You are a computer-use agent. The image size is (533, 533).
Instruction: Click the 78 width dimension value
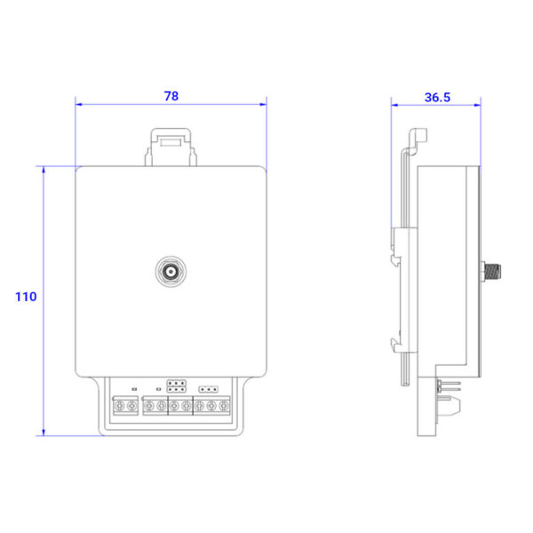[171, 96]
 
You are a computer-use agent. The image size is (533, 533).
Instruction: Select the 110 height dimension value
[26, 297]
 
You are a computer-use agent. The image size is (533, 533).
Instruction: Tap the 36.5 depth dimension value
[437, 98]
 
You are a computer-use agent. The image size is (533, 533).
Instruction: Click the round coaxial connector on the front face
[171, 271]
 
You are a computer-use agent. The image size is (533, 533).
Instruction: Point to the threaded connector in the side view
[491, 271]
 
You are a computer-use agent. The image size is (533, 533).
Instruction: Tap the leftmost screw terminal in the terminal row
[119, 406]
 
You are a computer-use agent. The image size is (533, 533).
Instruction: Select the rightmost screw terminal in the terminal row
[223, 406]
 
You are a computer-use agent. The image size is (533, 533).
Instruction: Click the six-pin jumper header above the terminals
[176, 386]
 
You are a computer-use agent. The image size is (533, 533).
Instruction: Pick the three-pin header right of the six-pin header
[209, 389]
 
